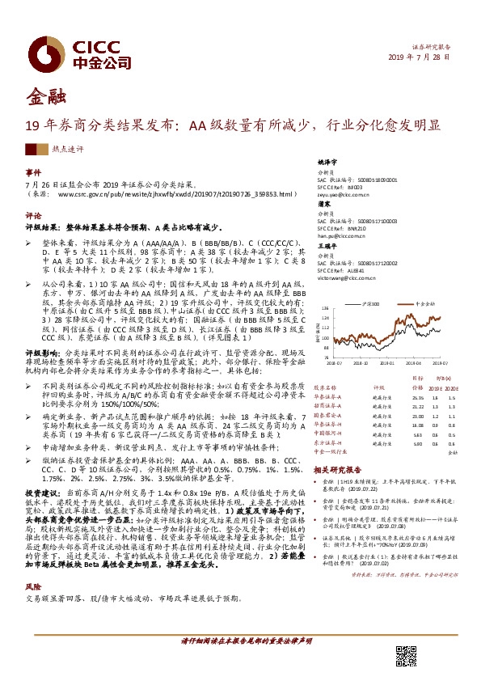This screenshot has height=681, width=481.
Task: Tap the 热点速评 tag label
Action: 67,150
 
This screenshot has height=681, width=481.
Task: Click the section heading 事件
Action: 33,172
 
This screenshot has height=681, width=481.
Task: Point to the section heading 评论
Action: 33,216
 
